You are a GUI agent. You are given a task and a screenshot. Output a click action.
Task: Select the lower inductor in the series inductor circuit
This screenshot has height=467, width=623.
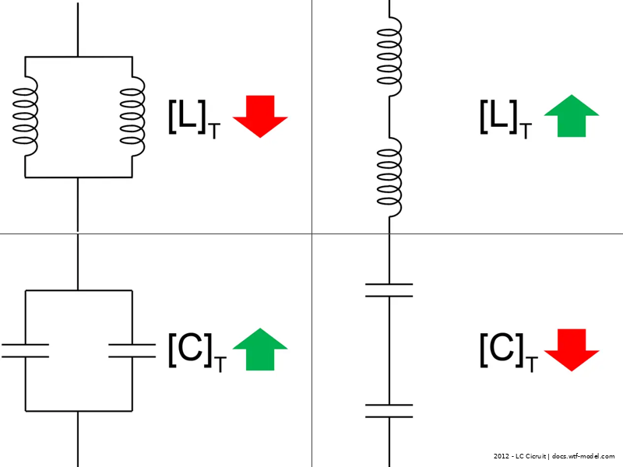389,177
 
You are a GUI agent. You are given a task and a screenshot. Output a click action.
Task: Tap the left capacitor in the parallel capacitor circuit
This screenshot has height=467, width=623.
26,349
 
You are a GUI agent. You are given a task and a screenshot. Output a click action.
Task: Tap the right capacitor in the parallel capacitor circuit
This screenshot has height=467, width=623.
132,349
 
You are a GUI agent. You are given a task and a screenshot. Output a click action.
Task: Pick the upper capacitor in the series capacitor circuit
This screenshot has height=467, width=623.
389,290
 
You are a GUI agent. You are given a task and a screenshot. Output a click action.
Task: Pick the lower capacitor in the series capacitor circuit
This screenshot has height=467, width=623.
389,411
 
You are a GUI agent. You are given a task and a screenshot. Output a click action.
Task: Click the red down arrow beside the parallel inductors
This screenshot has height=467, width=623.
260,115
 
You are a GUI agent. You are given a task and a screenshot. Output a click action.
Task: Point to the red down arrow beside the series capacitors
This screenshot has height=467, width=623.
571,349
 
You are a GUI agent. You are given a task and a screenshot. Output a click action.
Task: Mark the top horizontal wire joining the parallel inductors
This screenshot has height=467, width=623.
78,57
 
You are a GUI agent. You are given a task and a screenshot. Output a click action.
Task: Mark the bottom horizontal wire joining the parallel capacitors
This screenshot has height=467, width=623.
78,411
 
